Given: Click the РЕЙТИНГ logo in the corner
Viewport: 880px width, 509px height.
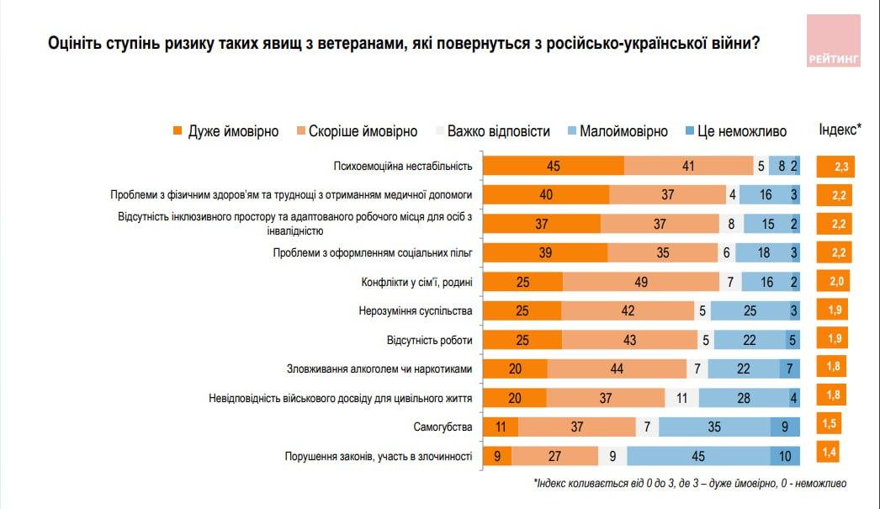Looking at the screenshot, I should [833, 40].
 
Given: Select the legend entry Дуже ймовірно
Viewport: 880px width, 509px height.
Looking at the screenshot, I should [225, 131].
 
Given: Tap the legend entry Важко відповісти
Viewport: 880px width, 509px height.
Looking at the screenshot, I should [491, 131].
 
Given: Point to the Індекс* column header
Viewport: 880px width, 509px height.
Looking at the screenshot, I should [840, 130].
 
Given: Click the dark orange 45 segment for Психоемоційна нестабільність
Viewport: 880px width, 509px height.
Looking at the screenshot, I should [554, 166].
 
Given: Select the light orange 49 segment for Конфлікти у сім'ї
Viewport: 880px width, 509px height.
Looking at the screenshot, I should [640, 282].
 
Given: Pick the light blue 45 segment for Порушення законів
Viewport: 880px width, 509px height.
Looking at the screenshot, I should [697, 456].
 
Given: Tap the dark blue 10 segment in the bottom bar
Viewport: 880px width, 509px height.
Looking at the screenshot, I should [785, 456].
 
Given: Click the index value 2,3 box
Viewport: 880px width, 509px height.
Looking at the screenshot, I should [840, 167].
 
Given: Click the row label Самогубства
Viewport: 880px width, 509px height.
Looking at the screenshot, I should [443, 427].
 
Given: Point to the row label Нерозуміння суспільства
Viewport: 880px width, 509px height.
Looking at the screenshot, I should [415, 311].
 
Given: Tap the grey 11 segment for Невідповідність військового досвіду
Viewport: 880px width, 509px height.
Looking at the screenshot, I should [681, 398].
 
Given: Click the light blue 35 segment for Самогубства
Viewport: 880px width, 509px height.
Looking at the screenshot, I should [714, 427].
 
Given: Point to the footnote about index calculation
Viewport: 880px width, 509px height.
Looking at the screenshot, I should [689, 484].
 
